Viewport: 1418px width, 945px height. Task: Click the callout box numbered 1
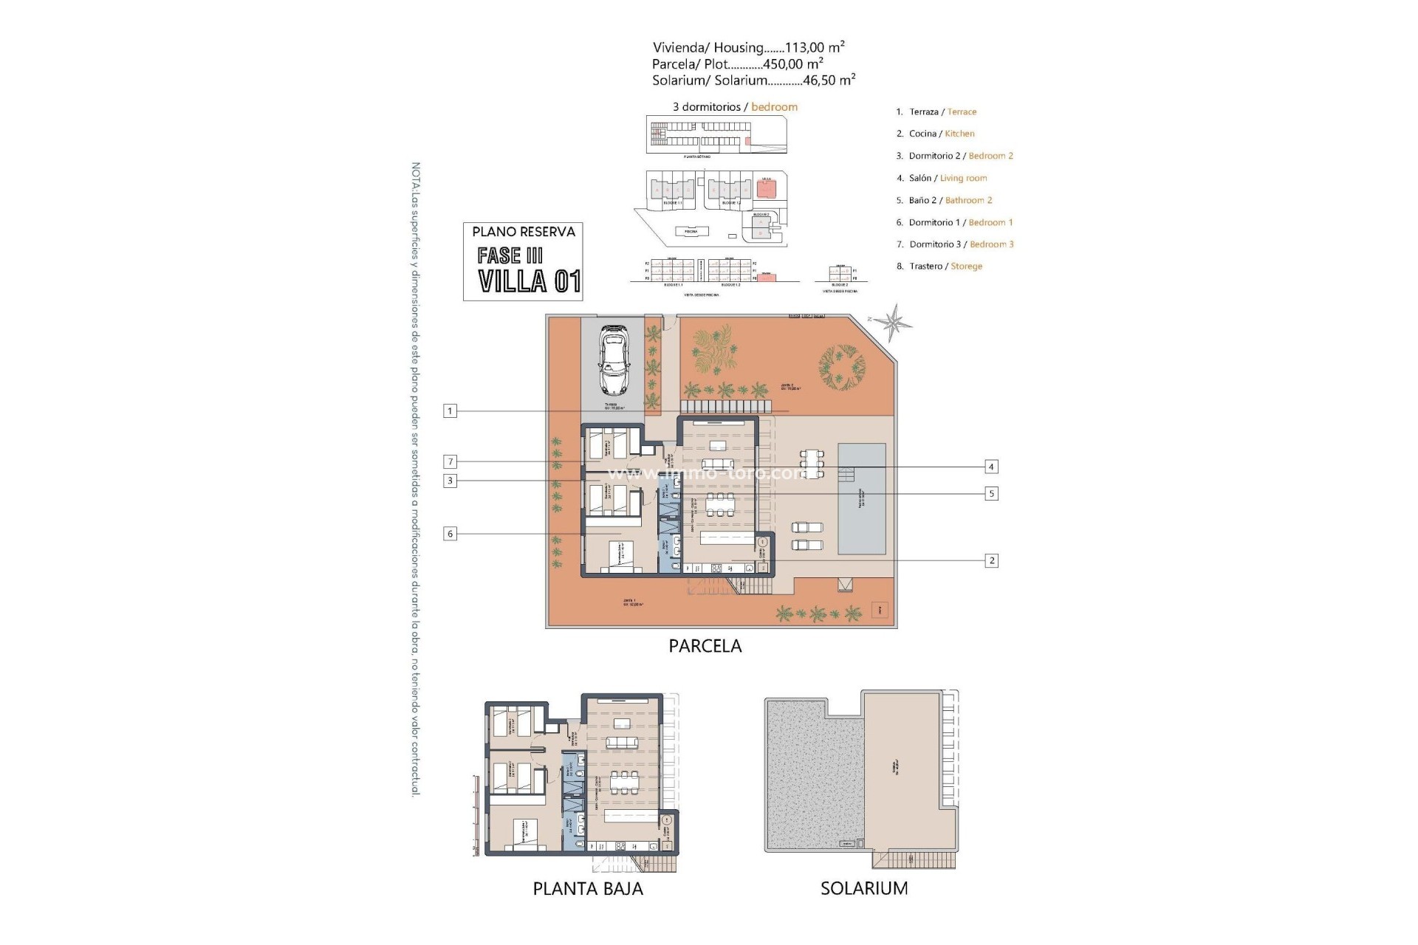pos(450,411)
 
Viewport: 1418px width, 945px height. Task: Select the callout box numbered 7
pos(450,462)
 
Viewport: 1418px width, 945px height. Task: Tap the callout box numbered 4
pos(991,467)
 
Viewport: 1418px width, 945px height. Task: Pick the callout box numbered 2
pos(991,561)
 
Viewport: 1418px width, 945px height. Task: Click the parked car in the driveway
pos(613,360)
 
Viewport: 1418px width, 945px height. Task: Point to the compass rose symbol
pos(895,323)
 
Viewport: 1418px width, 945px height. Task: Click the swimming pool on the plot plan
pos(861,499)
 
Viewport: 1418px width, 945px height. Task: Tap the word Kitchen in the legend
pos(959,134)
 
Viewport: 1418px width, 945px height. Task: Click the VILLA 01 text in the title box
pos(529,281)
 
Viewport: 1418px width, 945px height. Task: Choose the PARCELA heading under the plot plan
pos(705,646)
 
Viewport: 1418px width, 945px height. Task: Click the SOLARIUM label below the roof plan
pos(864,888)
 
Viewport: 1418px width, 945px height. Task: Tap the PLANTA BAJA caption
pos(588,888)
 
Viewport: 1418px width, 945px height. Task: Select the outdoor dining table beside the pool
pos(812,463)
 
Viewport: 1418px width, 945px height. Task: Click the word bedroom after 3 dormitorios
pos(774,107)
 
